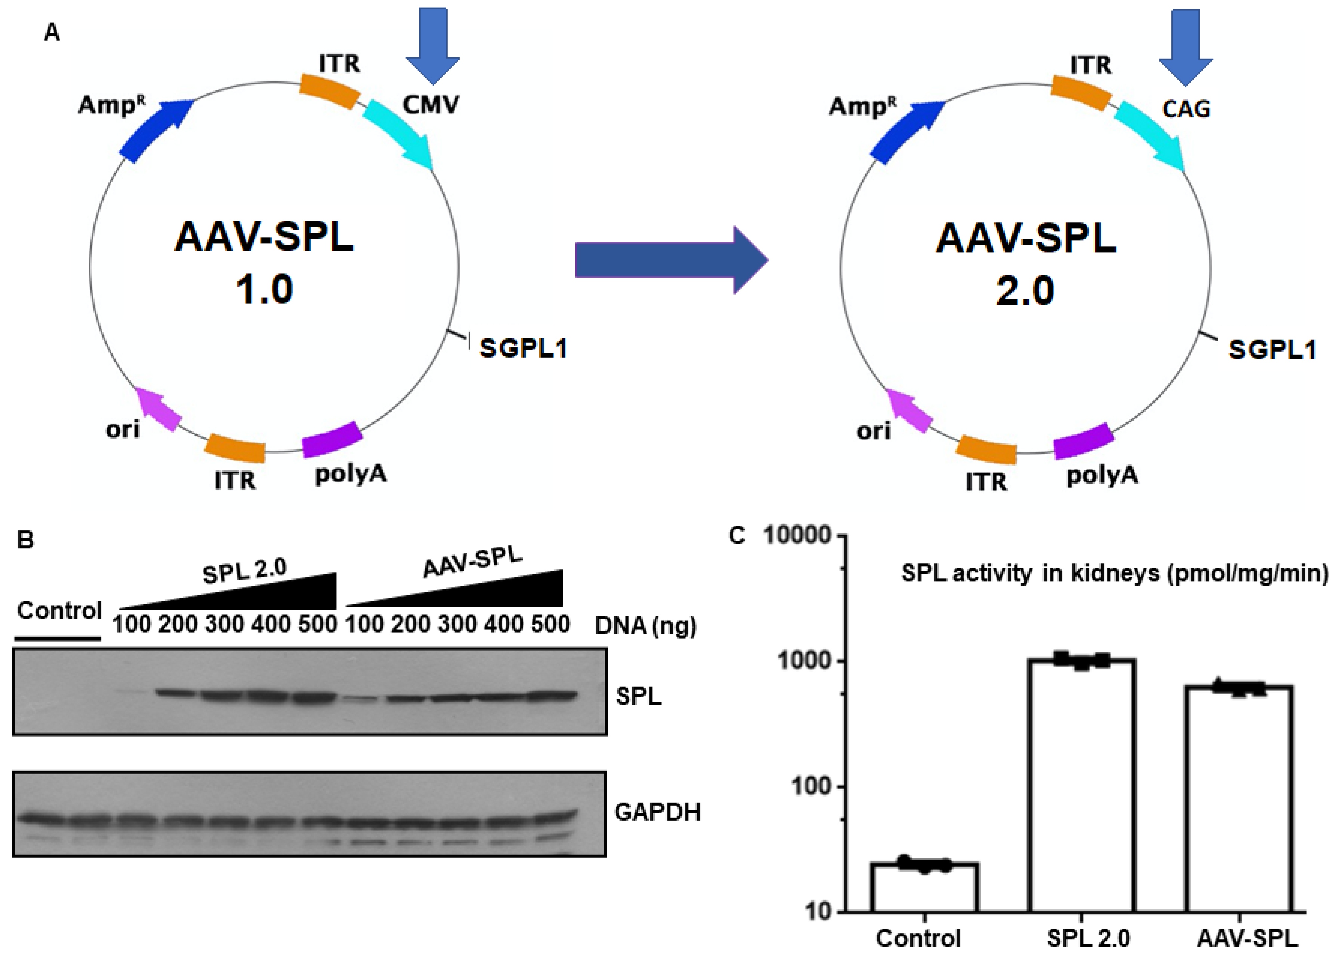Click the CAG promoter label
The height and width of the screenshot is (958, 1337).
tap(1186, 108)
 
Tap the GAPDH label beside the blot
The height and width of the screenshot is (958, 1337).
tap(657, 812)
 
